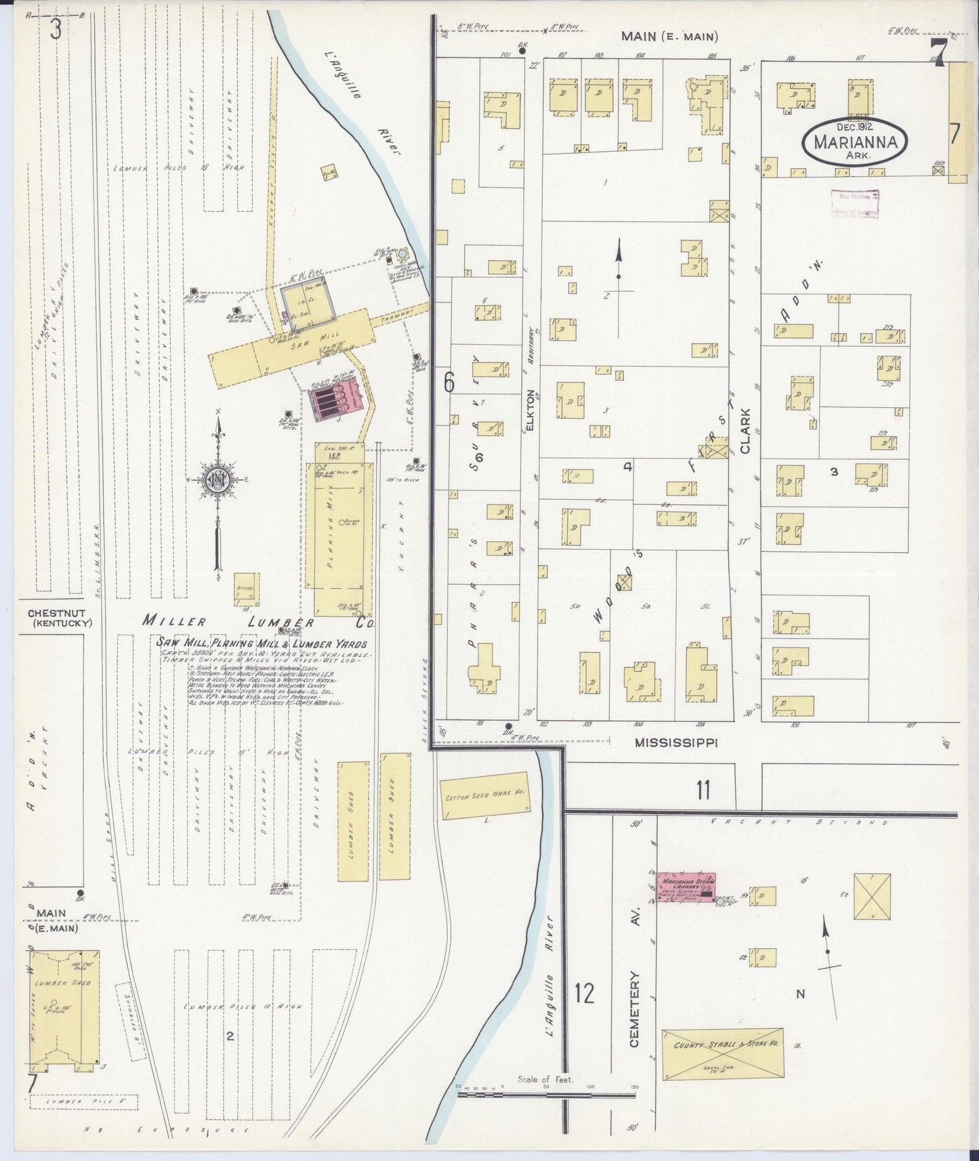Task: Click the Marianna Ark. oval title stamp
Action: coord(856,140)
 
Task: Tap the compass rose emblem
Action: coord(219,479)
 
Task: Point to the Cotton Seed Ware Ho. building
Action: coord(484,796)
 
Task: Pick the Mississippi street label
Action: coord(675,742)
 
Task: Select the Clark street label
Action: coord(745,430)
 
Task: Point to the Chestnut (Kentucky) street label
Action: coord(60,617)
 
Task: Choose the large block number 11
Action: coord(703,789)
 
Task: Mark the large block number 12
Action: coord(584,993)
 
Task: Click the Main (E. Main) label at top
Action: coord(669,37)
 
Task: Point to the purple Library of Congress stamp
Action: coord(855,204)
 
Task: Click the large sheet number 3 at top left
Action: coord(55,29)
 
